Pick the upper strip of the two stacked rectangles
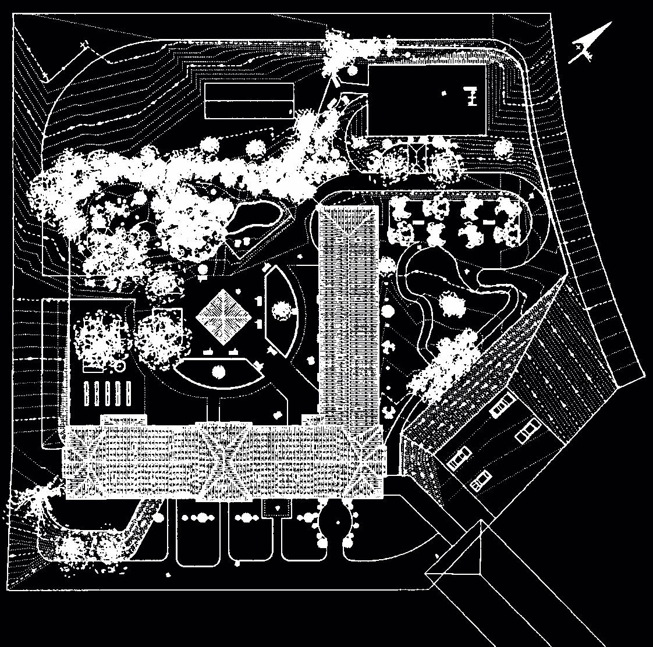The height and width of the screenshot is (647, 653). (249, 91)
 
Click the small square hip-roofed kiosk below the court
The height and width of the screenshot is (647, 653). (418, 157)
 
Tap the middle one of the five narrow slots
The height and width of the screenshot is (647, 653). (109, 394)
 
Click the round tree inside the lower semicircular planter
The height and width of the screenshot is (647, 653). (219, 371)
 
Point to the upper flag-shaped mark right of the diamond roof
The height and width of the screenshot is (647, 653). (257, 300)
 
